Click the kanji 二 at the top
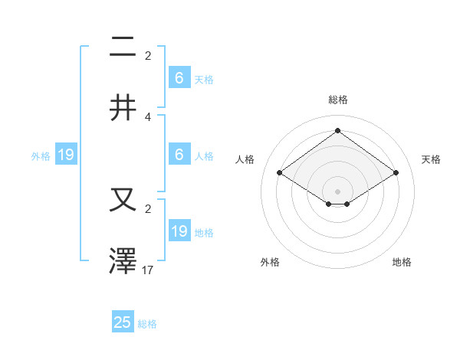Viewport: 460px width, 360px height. [123, 48]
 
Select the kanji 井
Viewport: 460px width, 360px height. [123, 107]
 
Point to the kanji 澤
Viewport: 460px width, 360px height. [123, 260]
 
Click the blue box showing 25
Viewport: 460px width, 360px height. [123, 322]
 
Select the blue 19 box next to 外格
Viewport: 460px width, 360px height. [66, 155]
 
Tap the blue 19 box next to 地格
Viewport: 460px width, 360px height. [179, 231]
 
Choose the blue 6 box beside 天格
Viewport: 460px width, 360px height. [179, 78]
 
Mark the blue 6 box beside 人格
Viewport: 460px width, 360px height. [179, 155]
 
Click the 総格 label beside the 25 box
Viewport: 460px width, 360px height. [147, 324]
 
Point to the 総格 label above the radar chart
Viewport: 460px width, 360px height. [337, 100]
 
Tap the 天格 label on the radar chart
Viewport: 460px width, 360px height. [431, 159]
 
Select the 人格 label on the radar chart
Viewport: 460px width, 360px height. [245, 159]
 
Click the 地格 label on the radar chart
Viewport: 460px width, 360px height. [402, 262]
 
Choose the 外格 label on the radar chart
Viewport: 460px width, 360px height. [270, 262]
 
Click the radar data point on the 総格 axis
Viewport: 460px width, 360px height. [337, 130]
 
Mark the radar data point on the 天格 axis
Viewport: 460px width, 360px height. [396, 173]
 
